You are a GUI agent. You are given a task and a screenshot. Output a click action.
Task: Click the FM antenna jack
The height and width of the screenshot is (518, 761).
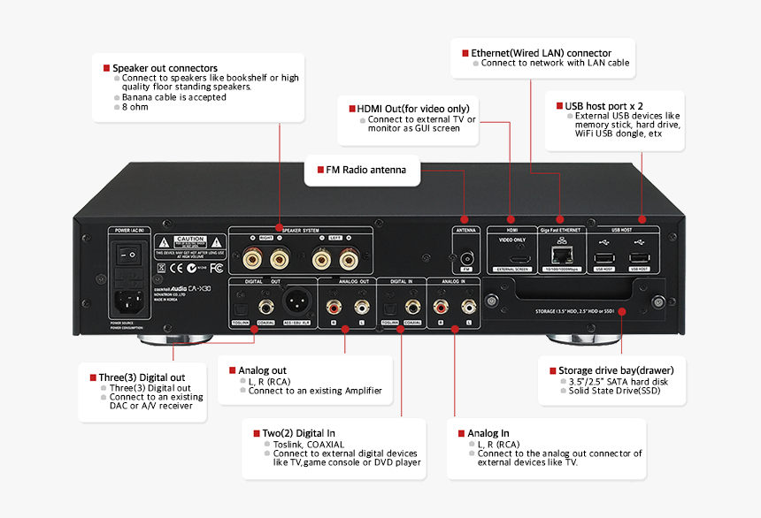465,261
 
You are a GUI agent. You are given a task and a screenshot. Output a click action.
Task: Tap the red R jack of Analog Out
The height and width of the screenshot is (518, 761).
334,306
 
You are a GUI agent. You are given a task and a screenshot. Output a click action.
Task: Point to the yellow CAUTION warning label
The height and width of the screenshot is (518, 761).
190,240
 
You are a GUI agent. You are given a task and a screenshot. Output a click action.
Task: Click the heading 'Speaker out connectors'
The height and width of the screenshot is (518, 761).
165,68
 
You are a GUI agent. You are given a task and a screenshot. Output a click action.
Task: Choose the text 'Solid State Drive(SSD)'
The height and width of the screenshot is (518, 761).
614,391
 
